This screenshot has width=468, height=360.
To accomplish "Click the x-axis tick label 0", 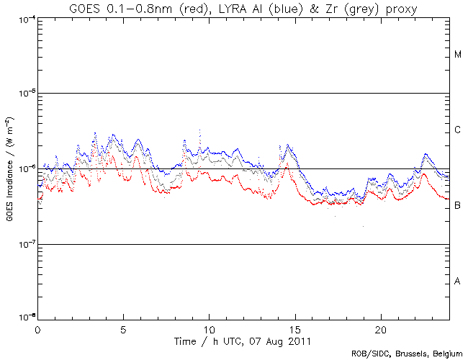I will (37, 328).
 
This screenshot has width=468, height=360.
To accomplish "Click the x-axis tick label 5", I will (123, 328).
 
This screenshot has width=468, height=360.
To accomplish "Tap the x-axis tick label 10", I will (209, 328).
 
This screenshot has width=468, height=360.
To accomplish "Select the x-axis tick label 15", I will (294, 328).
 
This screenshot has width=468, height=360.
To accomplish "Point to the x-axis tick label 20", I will (380, 328).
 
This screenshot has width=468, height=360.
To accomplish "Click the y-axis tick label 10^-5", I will (27, 93).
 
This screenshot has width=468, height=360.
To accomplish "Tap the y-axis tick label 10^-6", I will (27, 168).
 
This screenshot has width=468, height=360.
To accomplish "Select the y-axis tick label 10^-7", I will (27, 244).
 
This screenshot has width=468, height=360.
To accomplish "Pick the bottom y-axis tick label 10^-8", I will (27, 316).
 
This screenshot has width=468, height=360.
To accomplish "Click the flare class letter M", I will (458, 55).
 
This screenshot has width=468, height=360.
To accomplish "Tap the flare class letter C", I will (458, 130).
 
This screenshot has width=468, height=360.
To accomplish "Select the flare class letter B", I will (458, 206).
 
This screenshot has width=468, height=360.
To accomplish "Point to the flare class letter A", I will (458, 281).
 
